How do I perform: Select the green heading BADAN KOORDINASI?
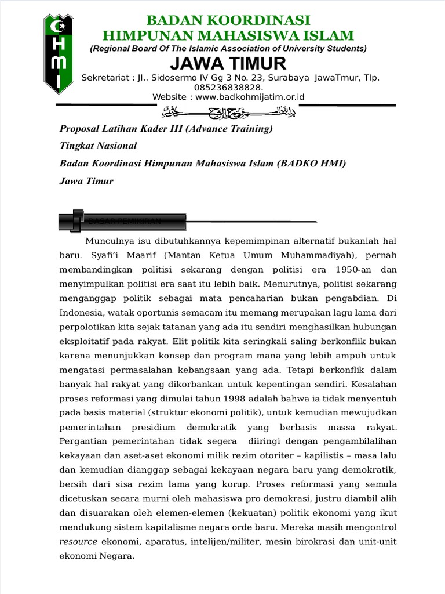point(228,20)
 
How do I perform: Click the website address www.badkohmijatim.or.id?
point(250,97)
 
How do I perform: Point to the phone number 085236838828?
point(228,88)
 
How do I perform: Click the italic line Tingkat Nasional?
point(98,146)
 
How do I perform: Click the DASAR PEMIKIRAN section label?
point(124,222)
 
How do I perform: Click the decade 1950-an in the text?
point(349,270)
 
